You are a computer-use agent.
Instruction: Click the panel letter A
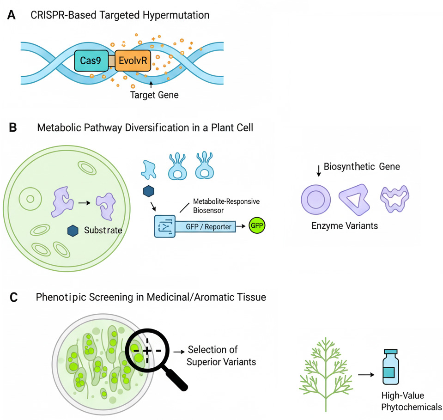[12, 15]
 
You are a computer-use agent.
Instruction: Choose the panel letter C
[13, 298]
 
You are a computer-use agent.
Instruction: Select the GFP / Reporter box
[209, 226]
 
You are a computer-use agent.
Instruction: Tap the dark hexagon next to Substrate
[73, 231]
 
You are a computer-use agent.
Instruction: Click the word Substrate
[103, 230]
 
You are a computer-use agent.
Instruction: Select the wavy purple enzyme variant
[395, 199]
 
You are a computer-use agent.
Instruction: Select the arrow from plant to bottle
[366, 374]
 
